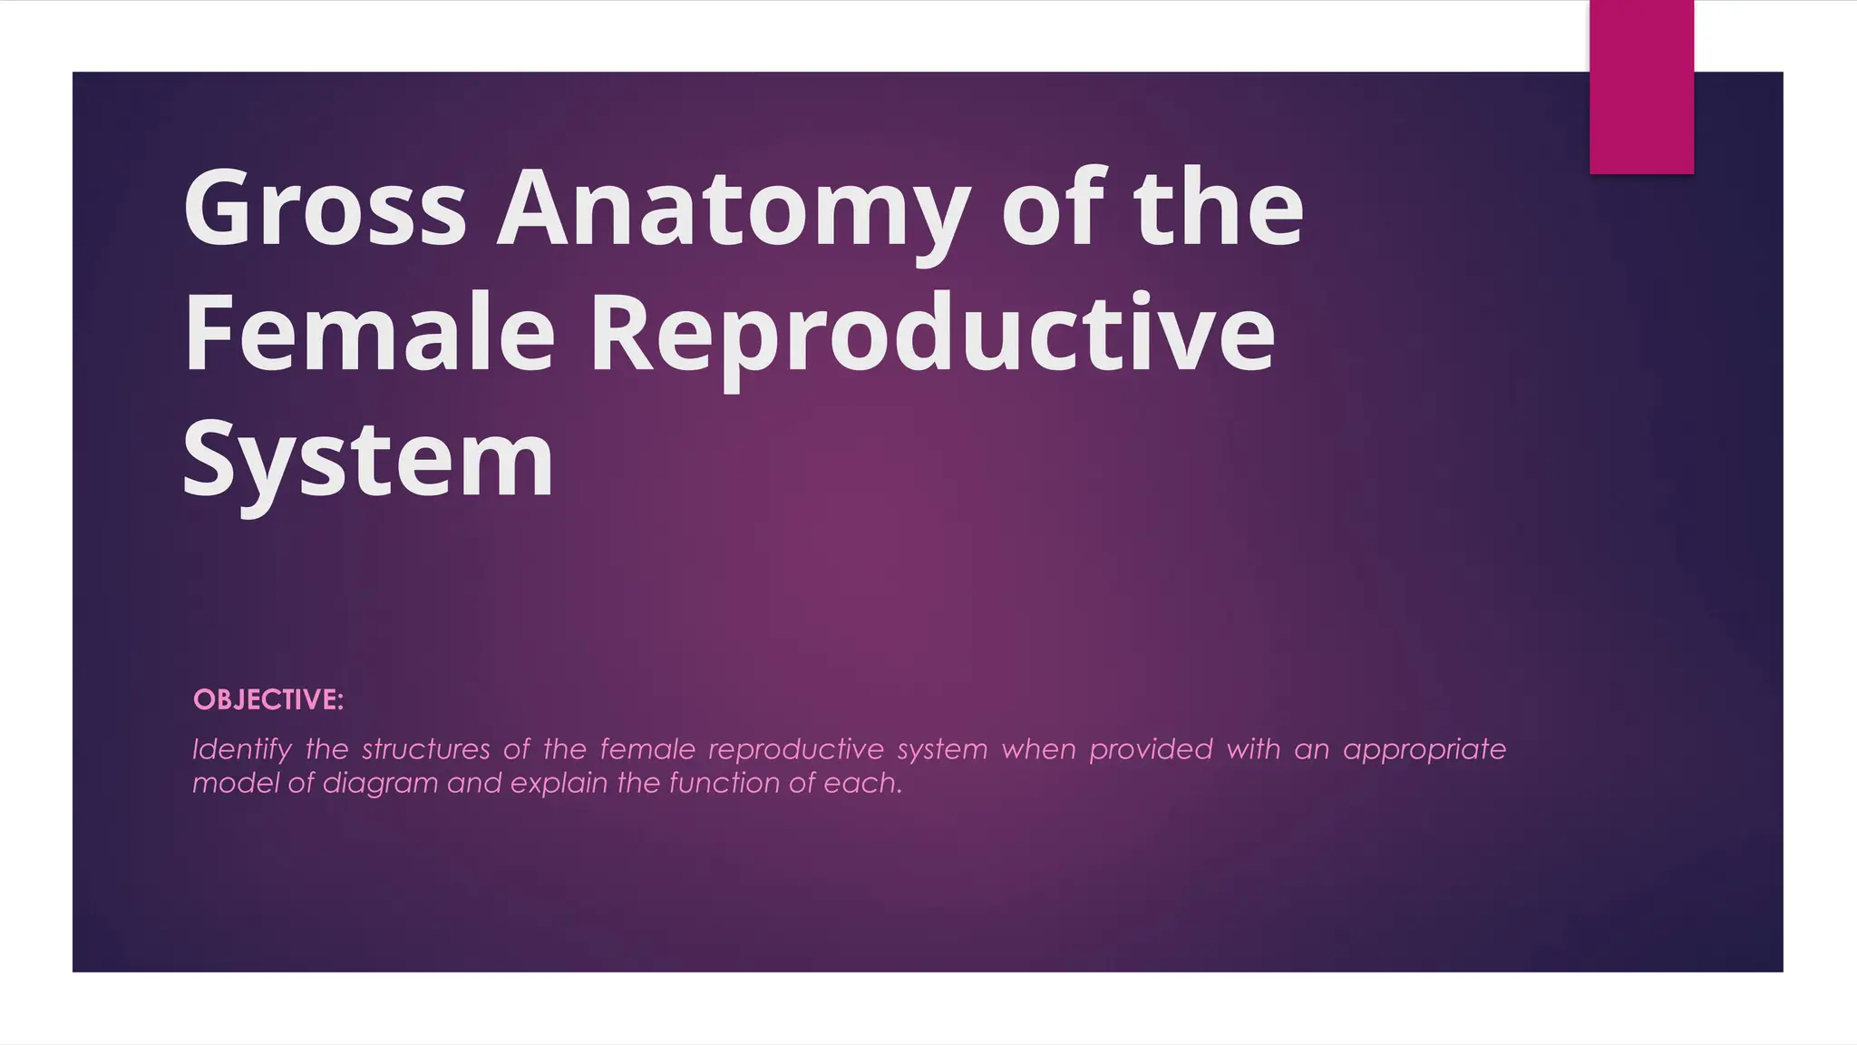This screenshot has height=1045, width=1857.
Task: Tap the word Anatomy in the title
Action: (733, 210)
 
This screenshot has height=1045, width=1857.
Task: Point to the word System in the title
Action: (367, 461)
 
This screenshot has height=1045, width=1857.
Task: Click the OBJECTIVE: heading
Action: (268, 700)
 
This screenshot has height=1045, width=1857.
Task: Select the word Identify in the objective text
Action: (241, 750)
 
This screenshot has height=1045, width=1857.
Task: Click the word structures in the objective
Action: (425, 750)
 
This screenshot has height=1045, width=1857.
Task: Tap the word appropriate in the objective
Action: (1424, 750)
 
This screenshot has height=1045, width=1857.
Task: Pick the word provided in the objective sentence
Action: (1150, 750)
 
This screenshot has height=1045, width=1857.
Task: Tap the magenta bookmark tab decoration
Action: (1641, 87)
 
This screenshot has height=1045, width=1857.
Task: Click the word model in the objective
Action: (235, 783)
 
